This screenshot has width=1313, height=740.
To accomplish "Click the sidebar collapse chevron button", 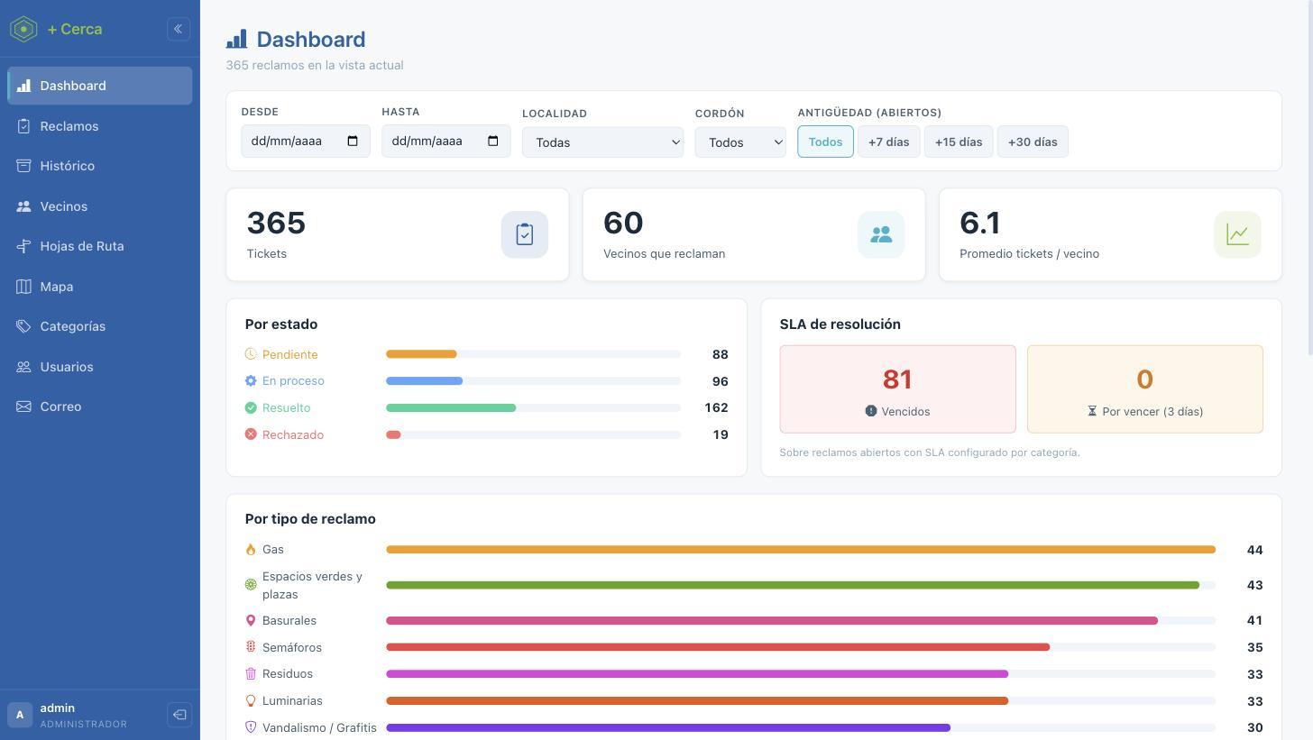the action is point(179,29).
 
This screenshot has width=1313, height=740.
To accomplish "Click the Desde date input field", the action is point(306,141).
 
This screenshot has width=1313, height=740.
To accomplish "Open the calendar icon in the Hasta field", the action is point(493,141).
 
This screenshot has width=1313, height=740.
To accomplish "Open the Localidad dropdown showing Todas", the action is point(602,142).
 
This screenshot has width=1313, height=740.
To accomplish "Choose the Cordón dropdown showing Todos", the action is point(740,142).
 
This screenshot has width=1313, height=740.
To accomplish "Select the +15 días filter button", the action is point(959,142).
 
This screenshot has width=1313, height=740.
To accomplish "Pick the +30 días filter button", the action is point(1033,142).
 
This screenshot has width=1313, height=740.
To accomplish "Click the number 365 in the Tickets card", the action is point(276,223).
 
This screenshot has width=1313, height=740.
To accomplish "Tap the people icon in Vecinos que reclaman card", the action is point(881,234).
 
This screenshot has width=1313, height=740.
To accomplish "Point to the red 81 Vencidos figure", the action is point(897,379).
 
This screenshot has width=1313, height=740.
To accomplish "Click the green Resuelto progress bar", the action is point(451,407).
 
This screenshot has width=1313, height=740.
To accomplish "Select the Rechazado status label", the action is point(292,434).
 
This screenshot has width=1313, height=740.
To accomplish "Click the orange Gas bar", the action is point(801,550).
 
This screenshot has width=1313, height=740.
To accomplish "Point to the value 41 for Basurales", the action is point(1254,620).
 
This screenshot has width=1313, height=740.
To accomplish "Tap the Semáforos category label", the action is point(292,647).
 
